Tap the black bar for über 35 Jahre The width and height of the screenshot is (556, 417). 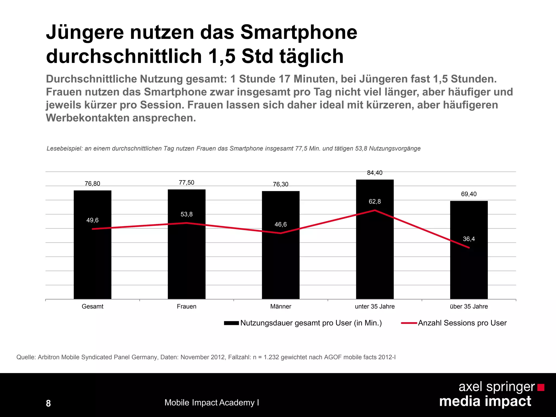(469, 271)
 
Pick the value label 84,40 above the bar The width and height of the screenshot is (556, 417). (375, 173)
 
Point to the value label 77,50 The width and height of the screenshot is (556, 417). (187, 182)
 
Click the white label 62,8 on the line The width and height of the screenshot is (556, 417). (375, 201)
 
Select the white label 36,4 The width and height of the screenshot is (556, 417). (469, 239)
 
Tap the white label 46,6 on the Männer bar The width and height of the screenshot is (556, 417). (280, 224)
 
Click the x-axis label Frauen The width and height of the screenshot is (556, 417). (187, 307)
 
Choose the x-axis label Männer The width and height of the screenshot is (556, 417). (280, 307)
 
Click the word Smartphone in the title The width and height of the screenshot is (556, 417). (299, 33)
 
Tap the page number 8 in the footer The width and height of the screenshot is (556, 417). (48, 403)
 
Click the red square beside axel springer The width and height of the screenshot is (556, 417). (541, 387)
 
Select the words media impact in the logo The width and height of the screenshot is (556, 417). (485, 401)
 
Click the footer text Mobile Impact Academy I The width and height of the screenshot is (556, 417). (211, 402)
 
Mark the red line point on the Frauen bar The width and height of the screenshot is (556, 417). (187, 223)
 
